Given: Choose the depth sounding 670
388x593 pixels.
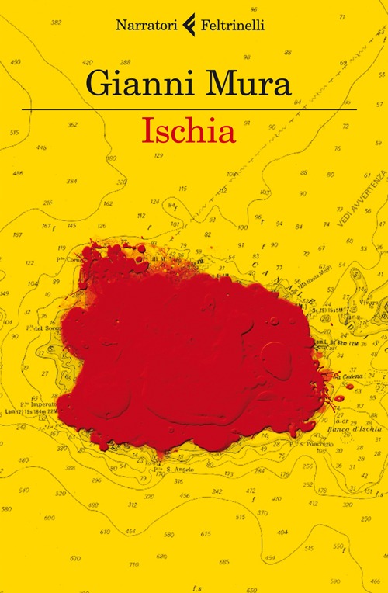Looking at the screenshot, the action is tap(75, 559).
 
